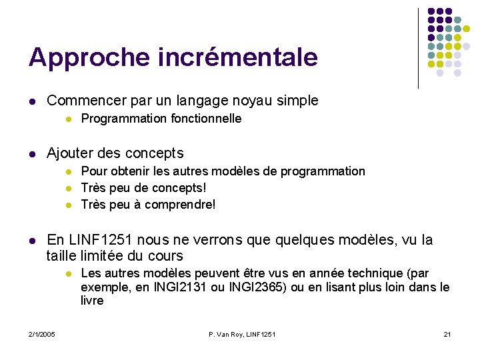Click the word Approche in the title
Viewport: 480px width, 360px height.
click(x=76, y=58)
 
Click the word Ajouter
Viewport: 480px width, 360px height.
click(x=71, y=153)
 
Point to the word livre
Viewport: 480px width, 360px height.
click(x=92, y=301)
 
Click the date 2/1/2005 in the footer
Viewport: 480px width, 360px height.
click(x=41, y=333)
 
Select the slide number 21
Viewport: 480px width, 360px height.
click(x=447, y=333)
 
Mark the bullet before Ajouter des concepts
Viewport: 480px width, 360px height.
click(x=32, y=154)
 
